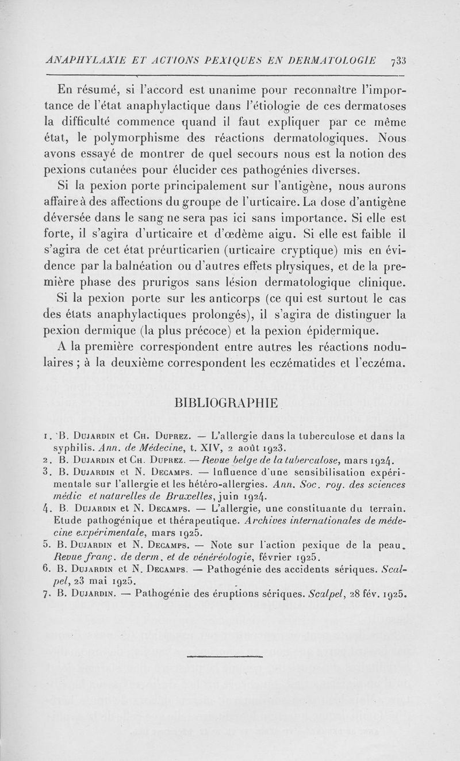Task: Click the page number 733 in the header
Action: pos(397,60)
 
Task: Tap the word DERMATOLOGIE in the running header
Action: pos(332,60)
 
